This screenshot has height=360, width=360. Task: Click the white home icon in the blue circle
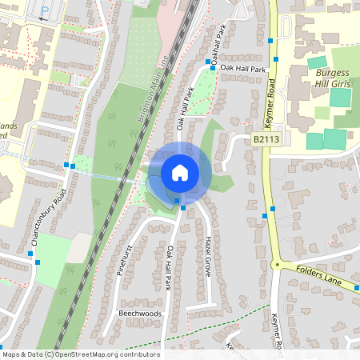[180, 173]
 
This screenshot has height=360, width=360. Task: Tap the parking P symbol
[45, 12]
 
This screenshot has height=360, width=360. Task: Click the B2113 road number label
[266, 139]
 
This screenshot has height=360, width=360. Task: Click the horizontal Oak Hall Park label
[242, 69]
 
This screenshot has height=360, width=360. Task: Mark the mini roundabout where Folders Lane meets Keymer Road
[276, 265]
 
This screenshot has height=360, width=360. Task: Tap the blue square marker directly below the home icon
[183, 208]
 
